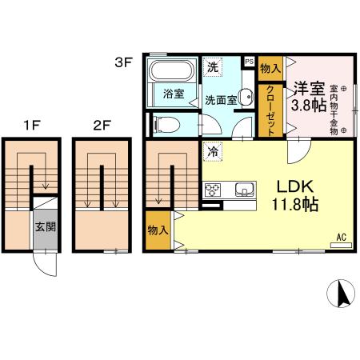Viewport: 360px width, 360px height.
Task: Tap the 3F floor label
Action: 122,60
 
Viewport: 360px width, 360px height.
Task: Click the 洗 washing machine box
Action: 212,67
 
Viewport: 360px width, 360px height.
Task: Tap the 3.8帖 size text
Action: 306,106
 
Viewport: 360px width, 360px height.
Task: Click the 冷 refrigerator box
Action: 212,148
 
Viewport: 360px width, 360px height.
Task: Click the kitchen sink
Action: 243,190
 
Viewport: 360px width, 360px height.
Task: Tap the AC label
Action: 341,236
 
